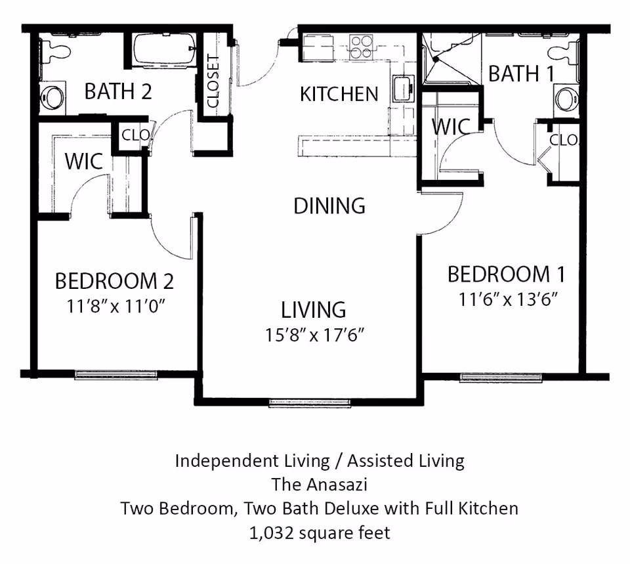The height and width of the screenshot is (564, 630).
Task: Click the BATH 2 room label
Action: tap(118, 91)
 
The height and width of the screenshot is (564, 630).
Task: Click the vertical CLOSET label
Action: tap(213, 81)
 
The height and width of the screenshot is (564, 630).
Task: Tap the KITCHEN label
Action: tap(339, 95)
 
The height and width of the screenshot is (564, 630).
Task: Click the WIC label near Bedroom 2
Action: tap(83, 161)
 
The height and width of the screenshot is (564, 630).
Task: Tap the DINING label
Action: tap(329, 206)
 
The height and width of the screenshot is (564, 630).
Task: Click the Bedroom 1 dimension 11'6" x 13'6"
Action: tap(507, 299)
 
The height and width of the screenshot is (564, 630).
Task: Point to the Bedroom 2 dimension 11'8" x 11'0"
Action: tap(114, 306)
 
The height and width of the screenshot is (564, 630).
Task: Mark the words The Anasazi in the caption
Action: tap(320, 485)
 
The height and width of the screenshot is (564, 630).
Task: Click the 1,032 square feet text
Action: tap(320, 532)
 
